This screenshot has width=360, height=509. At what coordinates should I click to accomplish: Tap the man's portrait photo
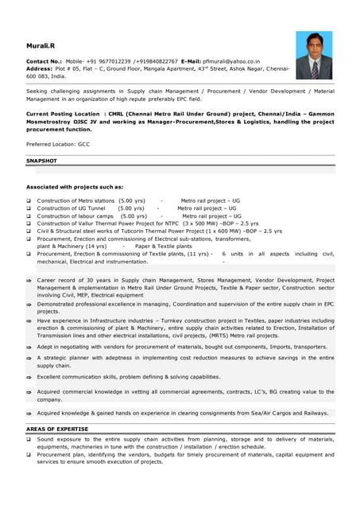[314, 56]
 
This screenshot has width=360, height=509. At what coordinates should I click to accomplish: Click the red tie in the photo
[315, 69]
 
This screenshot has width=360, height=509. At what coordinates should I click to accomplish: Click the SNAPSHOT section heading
[41, 160]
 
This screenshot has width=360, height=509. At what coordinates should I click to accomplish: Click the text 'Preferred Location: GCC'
[57, 144]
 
